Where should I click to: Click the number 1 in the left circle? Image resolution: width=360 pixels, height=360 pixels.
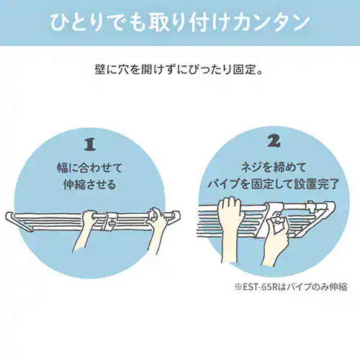(90, 145)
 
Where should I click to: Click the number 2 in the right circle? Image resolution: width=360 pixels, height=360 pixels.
(274, 141)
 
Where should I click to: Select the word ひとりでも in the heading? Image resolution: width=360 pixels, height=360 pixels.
(98, 23)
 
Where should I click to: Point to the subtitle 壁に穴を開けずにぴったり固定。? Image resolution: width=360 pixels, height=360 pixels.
(179, 70)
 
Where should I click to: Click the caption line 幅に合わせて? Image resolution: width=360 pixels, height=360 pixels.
(89, 167)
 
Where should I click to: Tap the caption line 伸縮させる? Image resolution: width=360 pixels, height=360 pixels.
(89, 184)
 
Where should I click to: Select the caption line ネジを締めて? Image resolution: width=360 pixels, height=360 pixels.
(274, 167)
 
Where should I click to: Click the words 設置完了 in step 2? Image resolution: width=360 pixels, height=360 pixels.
(317, 184)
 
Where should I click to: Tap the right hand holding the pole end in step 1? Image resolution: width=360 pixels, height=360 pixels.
(157, 228)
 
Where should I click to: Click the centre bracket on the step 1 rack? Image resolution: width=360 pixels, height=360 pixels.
(111, 221)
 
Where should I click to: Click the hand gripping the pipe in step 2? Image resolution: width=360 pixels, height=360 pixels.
(230, 228)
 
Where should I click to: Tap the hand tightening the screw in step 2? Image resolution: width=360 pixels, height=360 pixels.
(275, 243)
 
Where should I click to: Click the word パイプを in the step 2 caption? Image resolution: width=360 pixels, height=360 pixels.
(228, 184)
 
